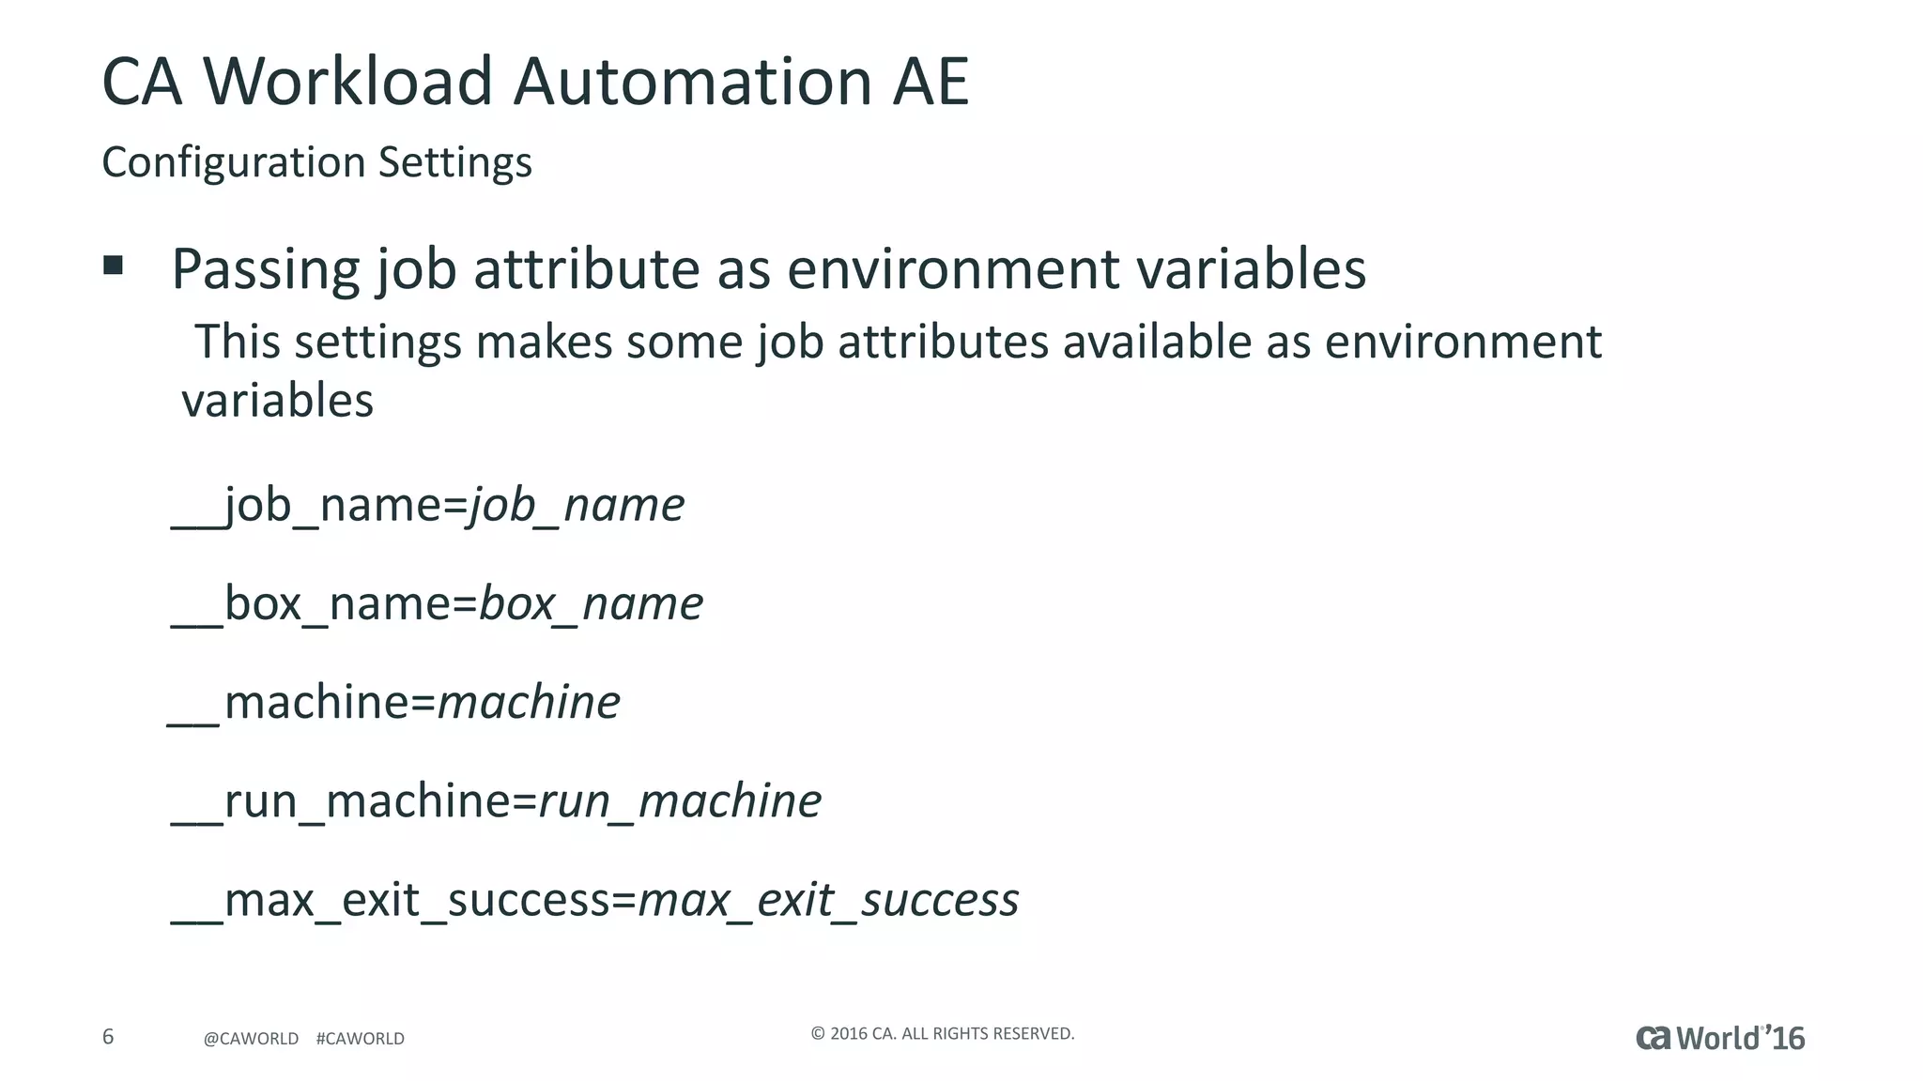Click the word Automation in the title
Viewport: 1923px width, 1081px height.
coord(693,82)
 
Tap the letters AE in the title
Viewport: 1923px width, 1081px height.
coord(931,82)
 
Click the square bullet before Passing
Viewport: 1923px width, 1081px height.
coord(114,266)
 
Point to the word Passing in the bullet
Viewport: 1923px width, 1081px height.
coord(266,270)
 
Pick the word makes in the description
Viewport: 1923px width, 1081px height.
coord(544,342)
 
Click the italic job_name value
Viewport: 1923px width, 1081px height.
coord(577,506)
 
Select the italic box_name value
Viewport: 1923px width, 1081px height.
coord(592,603)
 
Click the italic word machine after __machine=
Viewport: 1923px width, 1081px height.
coord(530,702)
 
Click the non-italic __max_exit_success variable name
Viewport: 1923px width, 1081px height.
coord(390,900)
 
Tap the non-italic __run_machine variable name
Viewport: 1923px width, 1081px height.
coord(340,801)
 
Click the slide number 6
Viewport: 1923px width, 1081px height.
coord(108,1037)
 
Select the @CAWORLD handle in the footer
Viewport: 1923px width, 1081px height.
coord(251,1039)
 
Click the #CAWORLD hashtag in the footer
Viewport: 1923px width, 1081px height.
coord(361,1039)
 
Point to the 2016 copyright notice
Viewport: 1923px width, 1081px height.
coord(942,1034)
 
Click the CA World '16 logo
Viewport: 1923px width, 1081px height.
coord(1719,1038)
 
